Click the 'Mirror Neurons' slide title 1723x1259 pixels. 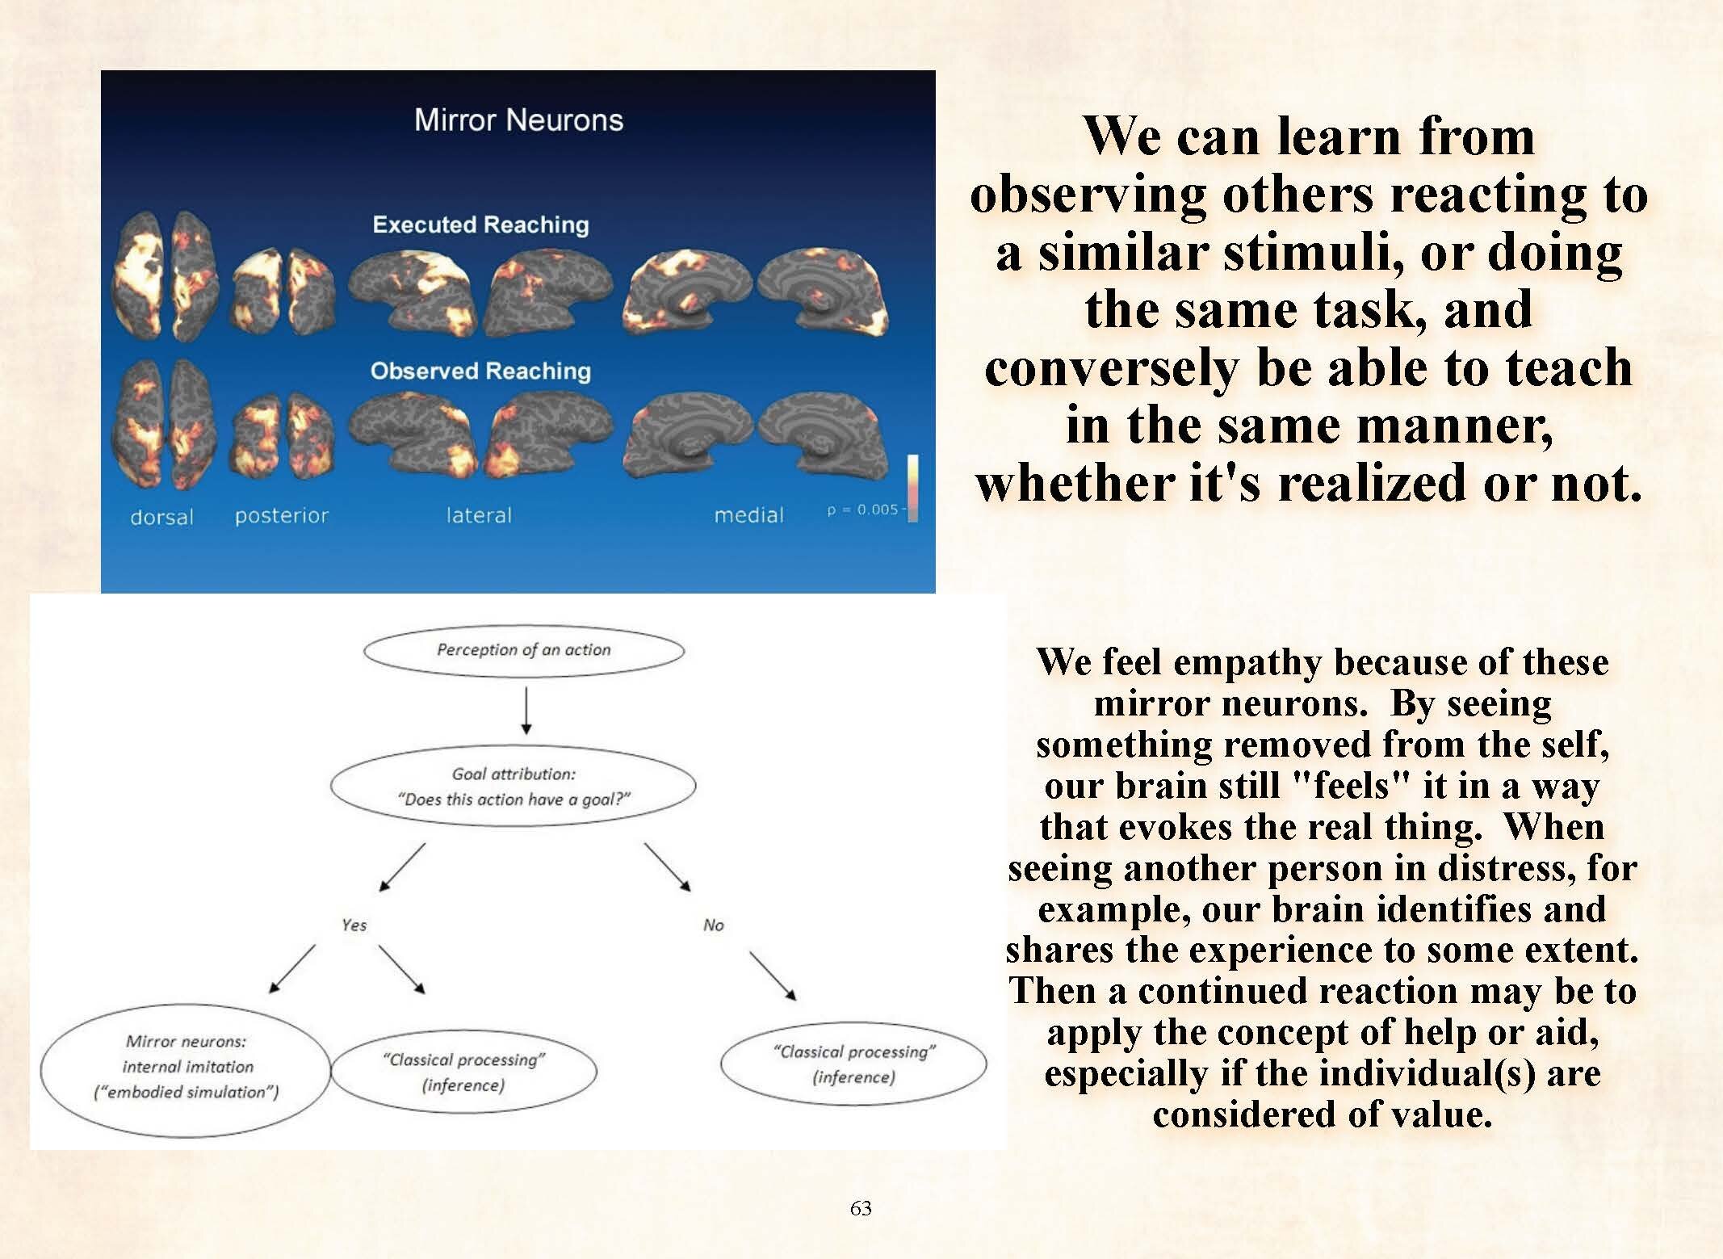[x=518, y=120]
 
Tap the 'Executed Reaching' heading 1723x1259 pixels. [x=480, y=225]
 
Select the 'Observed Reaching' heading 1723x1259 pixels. [x=480, y=371]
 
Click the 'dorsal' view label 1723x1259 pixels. [x=161, y=517]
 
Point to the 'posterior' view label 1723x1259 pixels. [x=281, y=515]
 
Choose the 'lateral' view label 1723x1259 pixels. [x=479, y=515]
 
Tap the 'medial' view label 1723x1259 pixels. [x=748, y=515]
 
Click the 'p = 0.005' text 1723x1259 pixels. [x=861, y=510]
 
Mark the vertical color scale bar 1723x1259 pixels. [x=912, y=488]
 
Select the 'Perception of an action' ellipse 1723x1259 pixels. [x=523, y=650]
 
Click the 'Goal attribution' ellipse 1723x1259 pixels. [x=514, y=786]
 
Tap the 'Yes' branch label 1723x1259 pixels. [x=354, y=925]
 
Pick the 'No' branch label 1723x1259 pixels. [x=713, y=925]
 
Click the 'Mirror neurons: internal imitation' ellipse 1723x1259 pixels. [x=186, y=1067]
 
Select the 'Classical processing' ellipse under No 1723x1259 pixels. [x=853, y=1064]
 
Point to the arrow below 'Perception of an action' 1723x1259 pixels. [x=526, y=711]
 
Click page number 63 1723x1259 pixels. [x=861, y=1208]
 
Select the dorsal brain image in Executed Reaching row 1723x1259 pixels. [x=165, y=275]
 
